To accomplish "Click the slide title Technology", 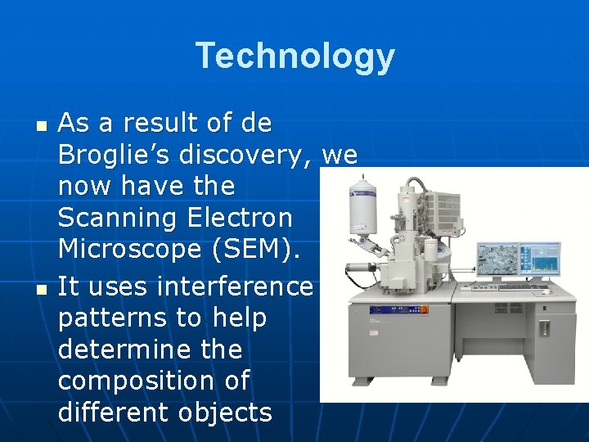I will [x=294, y=56].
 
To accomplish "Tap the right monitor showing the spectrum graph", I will [x=539, y=261].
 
